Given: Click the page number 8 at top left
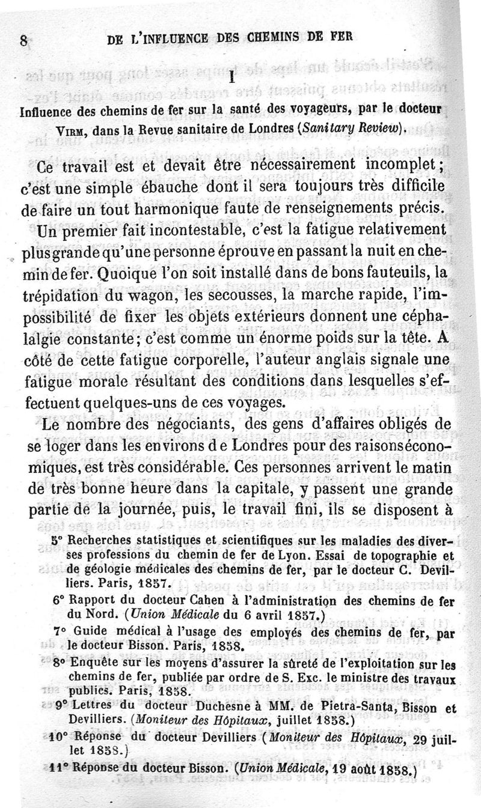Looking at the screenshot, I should (x=23, y=40).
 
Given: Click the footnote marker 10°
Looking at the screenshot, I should (x=58, y=735).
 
